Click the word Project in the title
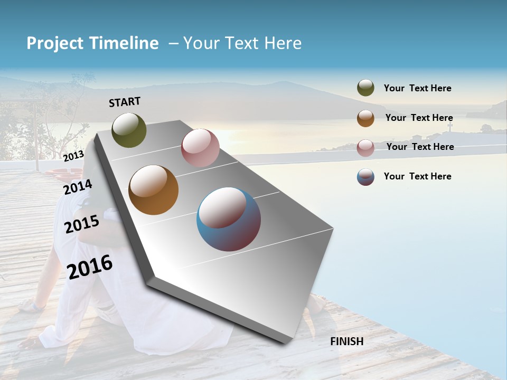[54, 43]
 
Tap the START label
[125, 102]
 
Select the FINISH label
[347, 341]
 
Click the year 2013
[73, 156]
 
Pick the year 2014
[78, 187]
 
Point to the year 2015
[82, 224]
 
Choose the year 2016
[90, 267]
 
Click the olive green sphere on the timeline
[129, 130]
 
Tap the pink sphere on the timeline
[200, 148]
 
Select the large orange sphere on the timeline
[154, 190]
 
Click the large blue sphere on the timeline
[229, 219]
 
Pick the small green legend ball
[365, 88]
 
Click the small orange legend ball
[365, 118]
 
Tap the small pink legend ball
[365, 148]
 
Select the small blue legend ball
[365, 177]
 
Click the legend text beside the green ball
[418, 88]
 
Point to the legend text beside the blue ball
[418, 176]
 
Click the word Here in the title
[283, 43]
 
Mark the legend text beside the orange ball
[419, 118]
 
